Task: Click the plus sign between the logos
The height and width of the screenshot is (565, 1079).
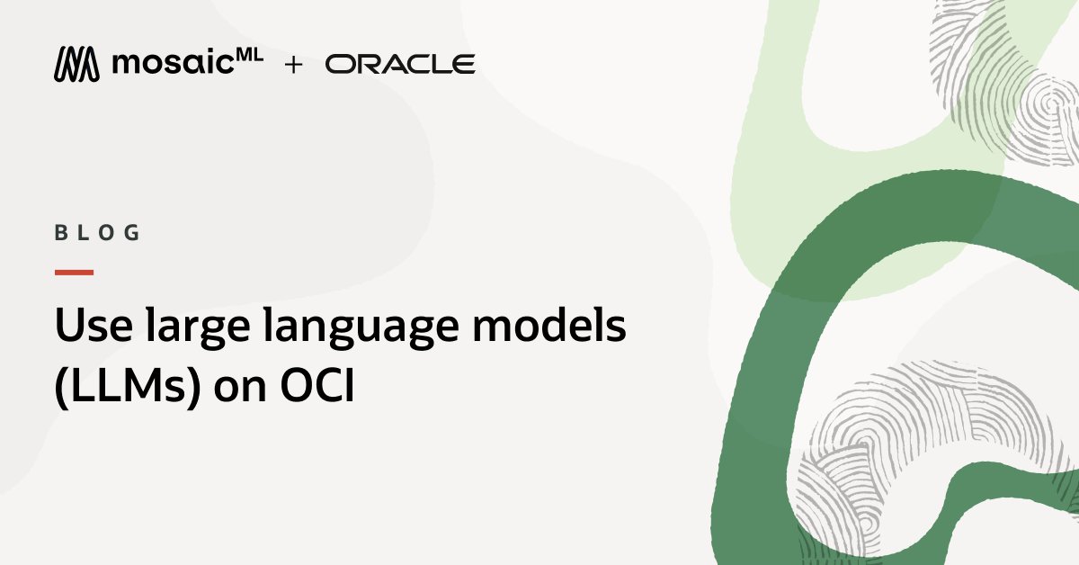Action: (x=293, y=65)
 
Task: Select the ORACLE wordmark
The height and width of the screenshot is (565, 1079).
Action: (x=400, y=64)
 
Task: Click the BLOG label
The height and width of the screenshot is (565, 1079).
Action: (x=98, y=233)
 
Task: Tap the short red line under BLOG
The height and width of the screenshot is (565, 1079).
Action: (x=74, y=272)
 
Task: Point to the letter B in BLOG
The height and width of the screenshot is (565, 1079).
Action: (x=61, y=233)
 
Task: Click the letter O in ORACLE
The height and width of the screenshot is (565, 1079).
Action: (x=338, y=64)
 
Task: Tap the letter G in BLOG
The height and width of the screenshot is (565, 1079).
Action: (x=133, y=233)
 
